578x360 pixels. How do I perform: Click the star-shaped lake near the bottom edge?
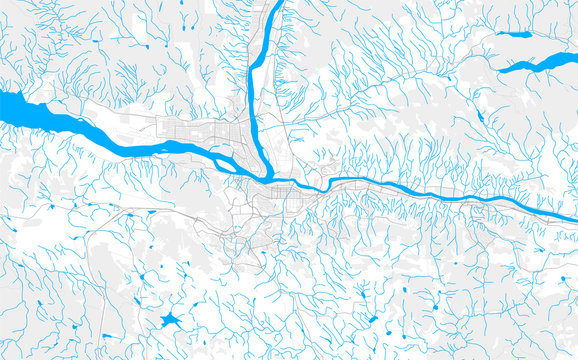tap(169, 322)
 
